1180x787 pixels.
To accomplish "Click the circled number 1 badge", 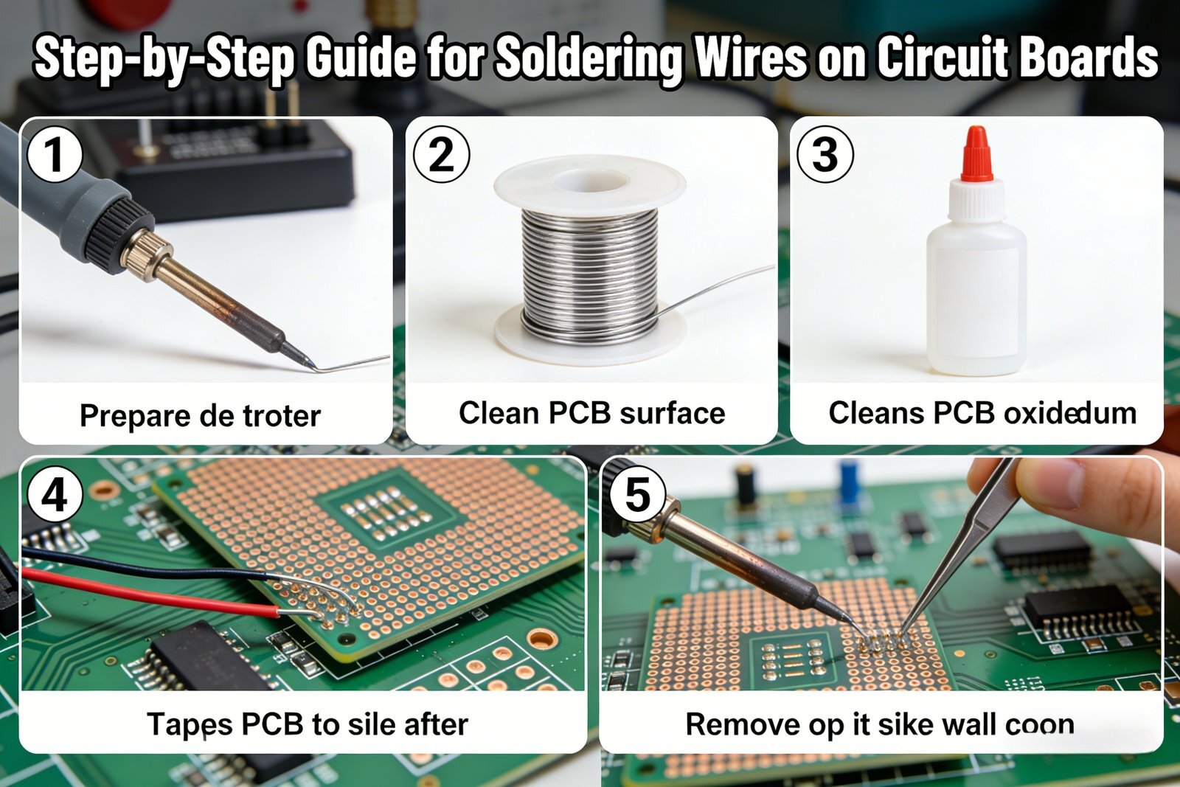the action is pyautogui.click(x=55, y=155).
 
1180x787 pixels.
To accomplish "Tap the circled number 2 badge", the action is pyautogui.click(x=442, y=155).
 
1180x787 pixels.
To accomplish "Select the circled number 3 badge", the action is pyautogui.click(x=825, y=155).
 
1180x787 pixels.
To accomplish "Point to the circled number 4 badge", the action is pyautogui.click(x=55, y=495).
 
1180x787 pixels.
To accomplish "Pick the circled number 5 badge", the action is pyautogui.click(x=637, y=495).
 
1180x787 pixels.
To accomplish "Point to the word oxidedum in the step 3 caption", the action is pyautogui.click(x=1070, y=413).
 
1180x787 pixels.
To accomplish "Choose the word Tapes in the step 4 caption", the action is pyautogui.click(x=190, y=725).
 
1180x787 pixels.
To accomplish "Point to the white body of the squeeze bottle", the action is pyautogui.click(x=976, y=295).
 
